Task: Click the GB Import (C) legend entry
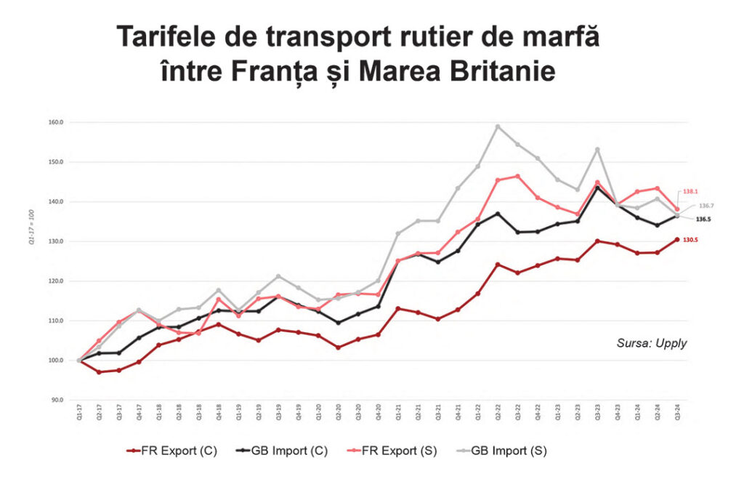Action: click(x=283, y=451)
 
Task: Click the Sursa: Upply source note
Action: click(x=650, y=342)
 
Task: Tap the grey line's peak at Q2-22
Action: click(x=498, y=126)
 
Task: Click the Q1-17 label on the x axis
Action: click(x=79, y=414)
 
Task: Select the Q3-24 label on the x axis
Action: click(x=677, y=414)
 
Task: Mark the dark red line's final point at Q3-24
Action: click(x=676, y=240)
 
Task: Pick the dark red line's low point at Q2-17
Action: click(x=99, y=372)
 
